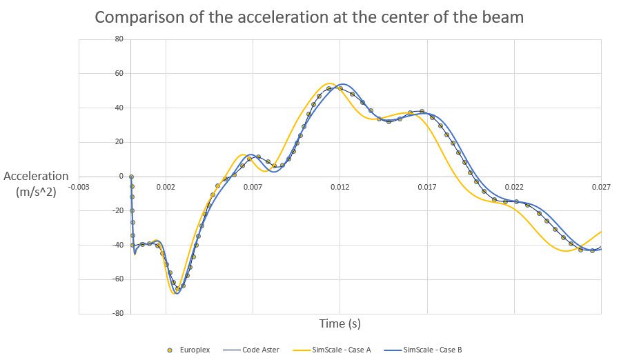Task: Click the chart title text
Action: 309,17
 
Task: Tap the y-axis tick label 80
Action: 119,39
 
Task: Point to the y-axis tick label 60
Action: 119,74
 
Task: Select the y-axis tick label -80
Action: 117,313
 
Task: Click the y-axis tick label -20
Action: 117,210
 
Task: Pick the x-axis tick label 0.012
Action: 340,187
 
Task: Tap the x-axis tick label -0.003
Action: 79,187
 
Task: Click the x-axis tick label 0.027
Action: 601,187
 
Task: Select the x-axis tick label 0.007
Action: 253,187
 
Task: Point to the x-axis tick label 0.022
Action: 514,187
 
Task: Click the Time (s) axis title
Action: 340,323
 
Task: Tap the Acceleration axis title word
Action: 37,177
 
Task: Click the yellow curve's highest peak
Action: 330,83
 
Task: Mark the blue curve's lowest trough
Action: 177,293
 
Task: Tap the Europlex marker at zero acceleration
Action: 131,177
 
